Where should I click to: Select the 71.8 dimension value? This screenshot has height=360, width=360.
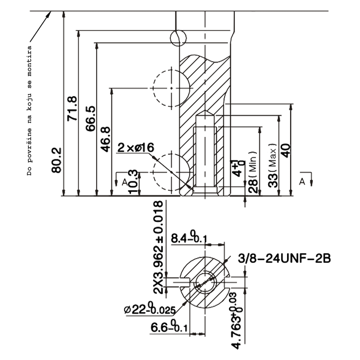pyautogui.click(x=72, y=108)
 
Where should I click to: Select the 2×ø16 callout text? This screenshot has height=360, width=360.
pyautogui.click(x=135, y=148)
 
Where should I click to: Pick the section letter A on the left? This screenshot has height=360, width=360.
pyautogui.click(x=124, y=181)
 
